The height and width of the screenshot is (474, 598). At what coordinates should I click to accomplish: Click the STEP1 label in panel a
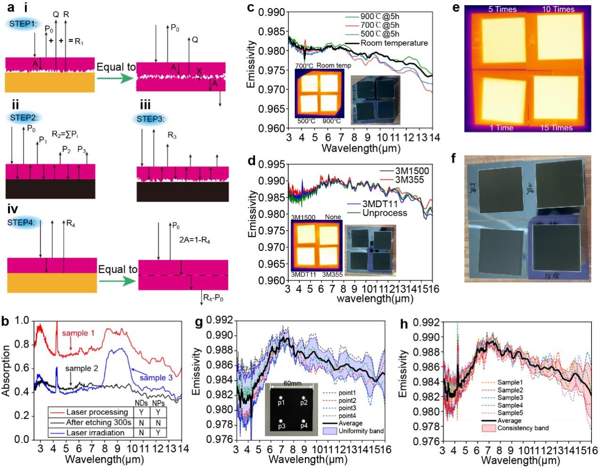tap(22, 23)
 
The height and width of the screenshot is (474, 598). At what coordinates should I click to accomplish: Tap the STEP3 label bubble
tap(150, 119)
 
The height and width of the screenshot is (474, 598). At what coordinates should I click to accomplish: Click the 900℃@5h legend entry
tap(380, 17)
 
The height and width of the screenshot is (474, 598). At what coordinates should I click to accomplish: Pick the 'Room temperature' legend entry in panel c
tap(394, 43)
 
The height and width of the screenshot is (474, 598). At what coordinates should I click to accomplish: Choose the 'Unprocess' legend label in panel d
tap(385, 213)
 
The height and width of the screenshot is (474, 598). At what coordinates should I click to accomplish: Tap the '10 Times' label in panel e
tap(558, 9)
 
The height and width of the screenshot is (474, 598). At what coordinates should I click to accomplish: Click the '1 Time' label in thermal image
tap(501, 127)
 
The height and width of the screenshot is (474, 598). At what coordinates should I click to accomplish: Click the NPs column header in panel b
tap(158, 403)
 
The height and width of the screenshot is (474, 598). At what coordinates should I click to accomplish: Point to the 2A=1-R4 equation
tap(195, 240)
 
